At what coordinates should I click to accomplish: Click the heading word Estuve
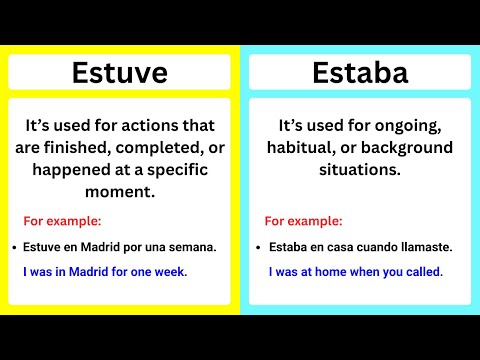coord(119,73)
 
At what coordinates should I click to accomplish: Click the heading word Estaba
coord(360,73)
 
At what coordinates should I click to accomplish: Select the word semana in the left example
coord(191,246)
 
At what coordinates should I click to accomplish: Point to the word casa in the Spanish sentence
coord(338,246)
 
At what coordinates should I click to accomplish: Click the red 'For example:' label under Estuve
coord(61,221)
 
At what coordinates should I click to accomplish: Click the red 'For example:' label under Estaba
coord(303,221)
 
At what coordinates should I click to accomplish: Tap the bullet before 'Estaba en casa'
coord(259,246)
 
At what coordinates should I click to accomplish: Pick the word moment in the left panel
coord(119,191)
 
